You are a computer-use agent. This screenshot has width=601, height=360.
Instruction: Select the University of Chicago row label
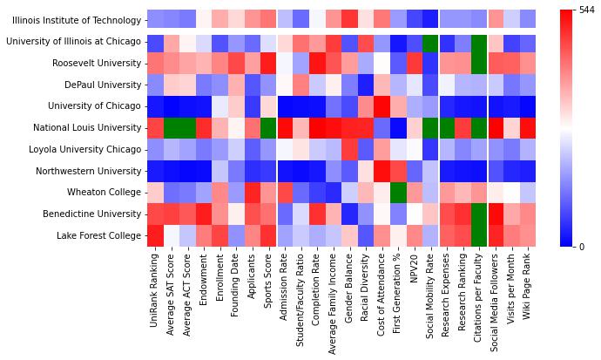pos(96,106)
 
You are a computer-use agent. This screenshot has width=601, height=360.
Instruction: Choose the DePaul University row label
pos(99,85)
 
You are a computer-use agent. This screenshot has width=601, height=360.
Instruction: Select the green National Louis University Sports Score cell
pos(267,127)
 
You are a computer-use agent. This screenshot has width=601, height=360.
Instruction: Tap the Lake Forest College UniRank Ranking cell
pos(155,235)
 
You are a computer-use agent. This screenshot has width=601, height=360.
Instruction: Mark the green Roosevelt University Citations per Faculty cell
pos(478,63)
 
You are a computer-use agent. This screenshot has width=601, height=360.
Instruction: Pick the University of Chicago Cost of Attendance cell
pos(381,106)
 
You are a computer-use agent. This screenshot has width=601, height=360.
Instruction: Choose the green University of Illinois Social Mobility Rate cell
pos(428,41)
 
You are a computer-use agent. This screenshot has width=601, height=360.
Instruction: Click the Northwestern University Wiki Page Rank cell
pos(527,171)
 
